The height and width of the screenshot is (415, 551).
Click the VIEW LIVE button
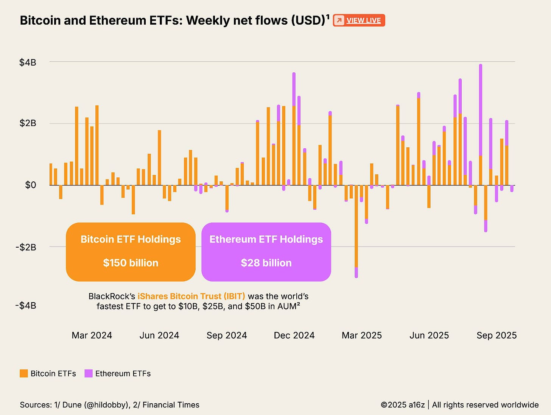359,20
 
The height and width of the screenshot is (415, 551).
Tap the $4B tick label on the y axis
28,62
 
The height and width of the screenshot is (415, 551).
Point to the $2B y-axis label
28,123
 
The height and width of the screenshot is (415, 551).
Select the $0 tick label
30,185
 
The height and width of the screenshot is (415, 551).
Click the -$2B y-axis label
26,247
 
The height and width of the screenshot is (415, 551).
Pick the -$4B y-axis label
26,306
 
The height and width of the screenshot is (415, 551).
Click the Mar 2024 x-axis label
92,335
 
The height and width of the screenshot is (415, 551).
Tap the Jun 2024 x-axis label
159,335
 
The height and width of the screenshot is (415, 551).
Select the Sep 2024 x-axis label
227,335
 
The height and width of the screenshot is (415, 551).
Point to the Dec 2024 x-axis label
294,335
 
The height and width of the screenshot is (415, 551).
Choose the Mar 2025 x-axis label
362,335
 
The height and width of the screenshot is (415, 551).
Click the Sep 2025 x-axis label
497,335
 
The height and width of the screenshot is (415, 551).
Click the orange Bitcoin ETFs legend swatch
24,373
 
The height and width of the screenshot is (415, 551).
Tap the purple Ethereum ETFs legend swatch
89,373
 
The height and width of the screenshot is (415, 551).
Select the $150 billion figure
131,263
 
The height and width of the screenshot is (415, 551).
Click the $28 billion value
266,263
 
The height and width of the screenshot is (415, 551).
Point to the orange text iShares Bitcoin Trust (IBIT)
191,296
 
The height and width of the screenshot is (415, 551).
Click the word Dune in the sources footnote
72,405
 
